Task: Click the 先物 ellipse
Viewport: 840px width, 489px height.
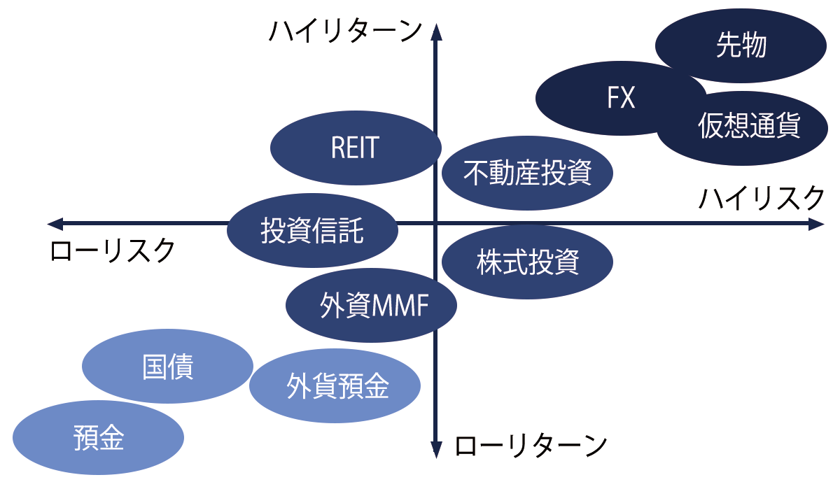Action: (741, 46)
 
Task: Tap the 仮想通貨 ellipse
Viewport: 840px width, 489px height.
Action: (748, 128)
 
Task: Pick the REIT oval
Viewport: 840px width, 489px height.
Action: (355, 148)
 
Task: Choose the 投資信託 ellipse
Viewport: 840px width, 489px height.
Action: (312, 229)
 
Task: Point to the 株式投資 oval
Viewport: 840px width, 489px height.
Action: (528, 262)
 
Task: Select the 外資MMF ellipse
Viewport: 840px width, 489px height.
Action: (372, 306)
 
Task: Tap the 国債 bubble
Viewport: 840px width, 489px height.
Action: (167, 367)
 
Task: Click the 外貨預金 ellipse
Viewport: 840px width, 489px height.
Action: (335, 386)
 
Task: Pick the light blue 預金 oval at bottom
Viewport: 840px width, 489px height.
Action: (99, 438)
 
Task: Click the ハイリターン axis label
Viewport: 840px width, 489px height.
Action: (346, 32)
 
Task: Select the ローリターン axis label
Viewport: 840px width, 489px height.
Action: (530, 445)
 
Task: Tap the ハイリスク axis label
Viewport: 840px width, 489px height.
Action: (762, 199)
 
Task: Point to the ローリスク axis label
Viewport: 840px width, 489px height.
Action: (112, 250)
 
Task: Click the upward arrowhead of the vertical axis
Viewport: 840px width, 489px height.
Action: (435, 31)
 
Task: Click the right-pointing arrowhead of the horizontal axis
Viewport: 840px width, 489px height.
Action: (817, 224)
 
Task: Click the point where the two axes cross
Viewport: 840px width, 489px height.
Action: (435, 224)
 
